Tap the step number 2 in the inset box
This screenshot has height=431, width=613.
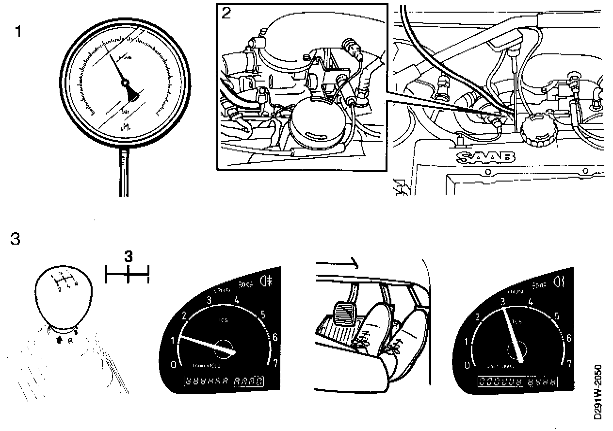tap(226, 13)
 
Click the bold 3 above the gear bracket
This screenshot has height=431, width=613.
tap(128, 257)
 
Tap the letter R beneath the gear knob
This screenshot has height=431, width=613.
tap(70, 340)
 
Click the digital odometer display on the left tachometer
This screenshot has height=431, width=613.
tap(224, 381)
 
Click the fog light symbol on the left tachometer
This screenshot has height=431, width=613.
tap(266, 281)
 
